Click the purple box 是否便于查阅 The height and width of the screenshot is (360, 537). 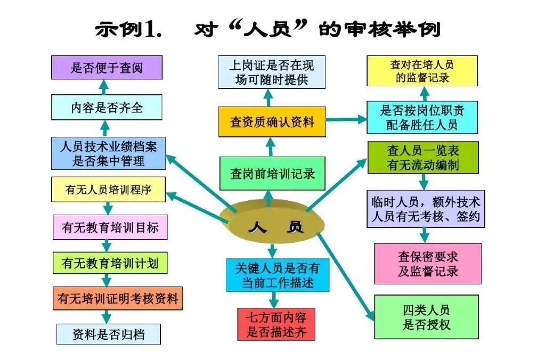(x=107, y=68)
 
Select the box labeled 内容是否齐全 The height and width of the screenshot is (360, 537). (x=107, y=108)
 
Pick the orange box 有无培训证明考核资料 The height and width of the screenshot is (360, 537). (x=118, y=298)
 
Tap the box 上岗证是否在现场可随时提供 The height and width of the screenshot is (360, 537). (x=272, y=73)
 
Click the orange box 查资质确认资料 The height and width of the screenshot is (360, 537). (x=272, y=122)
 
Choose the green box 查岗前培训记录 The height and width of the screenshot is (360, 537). (x=272, y=174)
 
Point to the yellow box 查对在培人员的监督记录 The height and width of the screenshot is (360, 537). (x=422, y=71)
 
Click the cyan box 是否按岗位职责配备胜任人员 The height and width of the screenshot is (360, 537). (x=422, y=118)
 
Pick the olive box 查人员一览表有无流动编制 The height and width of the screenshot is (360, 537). (x=423, y=158)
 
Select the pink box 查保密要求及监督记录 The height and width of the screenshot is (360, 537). (x=427, y=264)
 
